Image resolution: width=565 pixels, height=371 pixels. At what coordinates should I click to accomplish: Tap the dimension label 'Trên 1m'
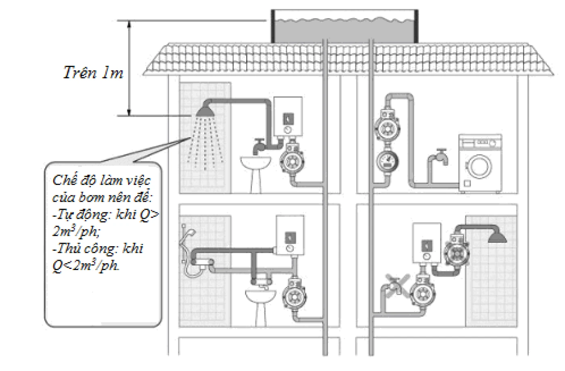[93, 73]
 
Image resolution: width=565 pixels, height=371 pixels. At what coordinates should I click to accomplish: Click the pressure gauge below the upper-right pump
[388, 162]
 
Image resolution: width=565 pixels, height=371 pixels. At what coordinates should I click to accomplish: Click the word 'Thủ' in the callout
[69, 248]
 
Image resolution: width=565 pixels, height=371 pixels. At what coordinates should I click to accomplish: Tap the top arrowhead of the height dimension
[129, 24]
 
